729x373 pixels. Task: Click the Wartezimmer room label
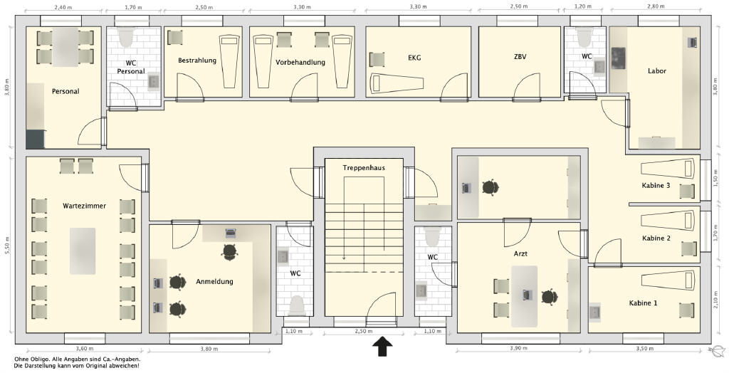pos(84,206)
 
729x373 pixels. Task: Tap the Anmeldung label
pos(214,281)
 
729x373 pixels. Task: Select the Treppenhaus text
pos(364,167)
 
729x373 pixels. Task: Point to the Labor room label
pos(657,70)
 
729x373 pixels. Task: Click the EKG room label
pos(414,58)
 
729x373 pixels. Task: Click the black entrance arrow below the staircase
pos(382,347)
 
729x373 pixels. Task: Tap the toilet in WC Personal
pos(125,37)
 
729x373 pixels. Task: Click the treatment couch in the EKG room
pos(397,83)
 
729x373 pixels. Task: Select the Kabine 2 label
pos(656,238)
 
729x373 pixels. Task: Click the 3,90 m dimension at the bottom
pos(518,349)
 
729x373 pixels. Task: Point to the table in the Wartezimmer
pos(83,251)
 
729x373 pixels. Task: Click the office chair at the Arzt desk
pos(549,296)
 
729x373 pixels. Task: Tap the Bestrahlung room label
pos(197,61)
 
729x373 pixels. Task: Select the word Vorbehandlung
pos(300,63)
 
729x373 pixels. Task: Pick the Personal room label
pos(65,91)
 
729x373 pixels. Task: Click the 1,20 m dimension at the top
pos(583,6)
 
